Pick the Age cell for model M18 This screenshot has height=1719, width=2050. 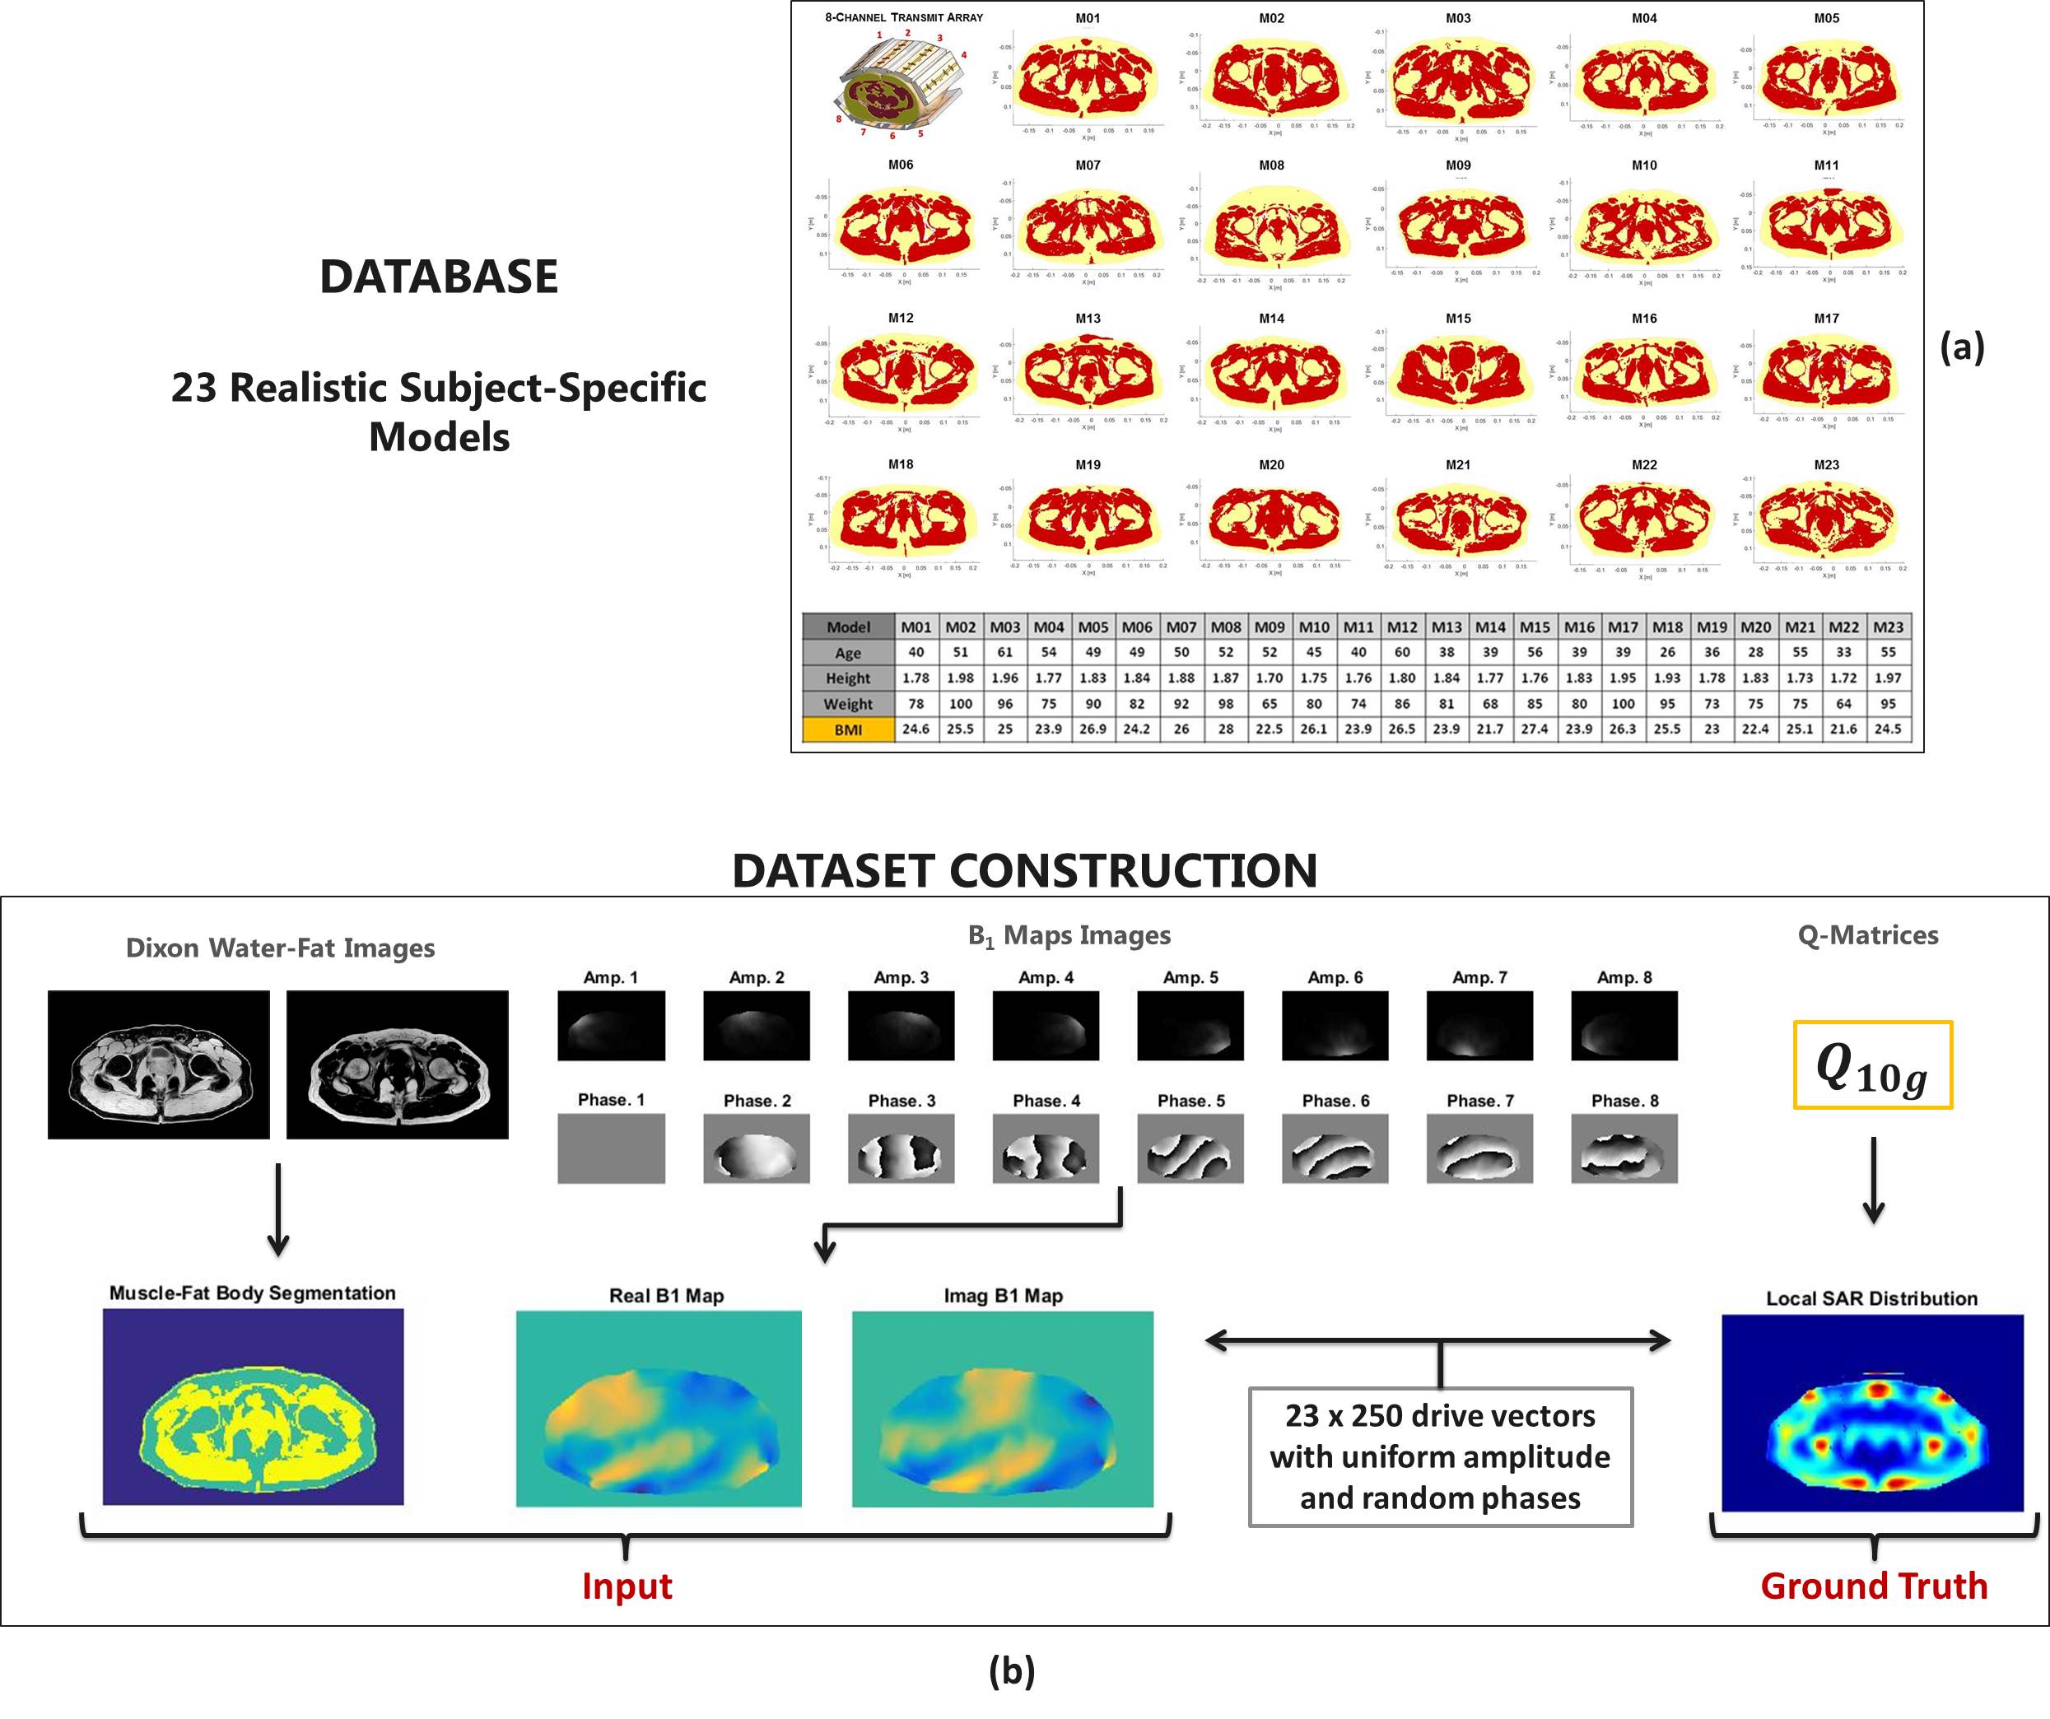[x=1667, y=652]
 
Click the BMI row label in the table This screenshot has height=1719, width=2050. [x=847, y=729]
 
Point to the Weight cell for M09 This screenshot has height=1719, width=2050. [x=1269, y=704]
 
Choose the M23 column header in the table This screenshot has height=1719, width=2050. [x=1888, y=627]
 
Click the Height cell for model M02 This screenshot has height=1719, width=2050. [x=960, y=678]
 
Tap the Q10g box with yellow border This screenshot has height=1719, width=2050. [x=1872, y=1065]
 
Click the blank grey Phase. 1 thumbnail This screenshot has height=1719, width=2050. [x=611, y=1149]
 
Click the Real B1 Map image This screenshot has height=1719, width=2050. [x=659, y=1409]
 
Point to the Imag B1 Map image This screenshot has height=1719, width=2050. [x=1003, y=1409]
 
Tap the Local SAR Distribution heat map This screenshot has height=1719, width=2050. [x=1872, y=1413]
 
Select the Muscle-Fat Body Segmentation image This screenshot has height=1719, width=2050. [x=253, y=1407]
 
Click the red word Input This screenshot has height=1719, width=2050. [x=627, y=1586]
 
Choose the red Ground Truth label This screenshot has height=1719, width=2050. [x=1873, y=1586]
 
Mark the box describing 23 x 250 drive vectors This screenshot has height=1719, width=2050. [x=1440, y=1456]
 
